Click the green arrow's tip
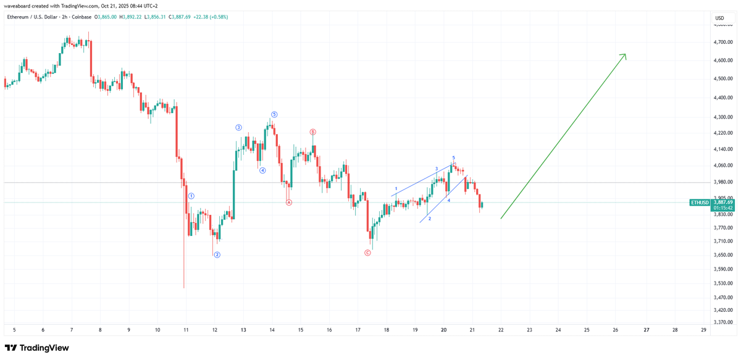pyautogui.click(x=625, y=54)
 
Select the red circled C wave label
pyautogui.click(x=368, y=253)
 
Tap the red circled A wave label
pyautogui.click(x=289, y=203)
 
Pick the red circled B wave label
pyautogui.click(x=313, y=132)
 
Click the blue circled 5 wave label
pyautogui.click(x=274, y=114)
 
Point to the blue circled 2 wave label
pyautogui.click(x=217, y=254)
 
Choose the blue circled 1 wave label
pyautogui.click(x=191, y=196)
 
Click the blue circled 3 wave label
pyautogui.click(x=238, y=128)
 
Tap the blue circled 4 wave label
pyautogui.click(x=262, y=170)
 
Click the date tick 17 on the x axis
pyautogui.click(x=358, y=330)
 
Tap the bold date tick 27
pyautogui.click(x=646, y=330)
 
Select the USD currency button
pyautogui.click(x=719, y=18)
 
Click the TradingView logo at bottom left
pyautogui.click(x=37, y=348)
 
